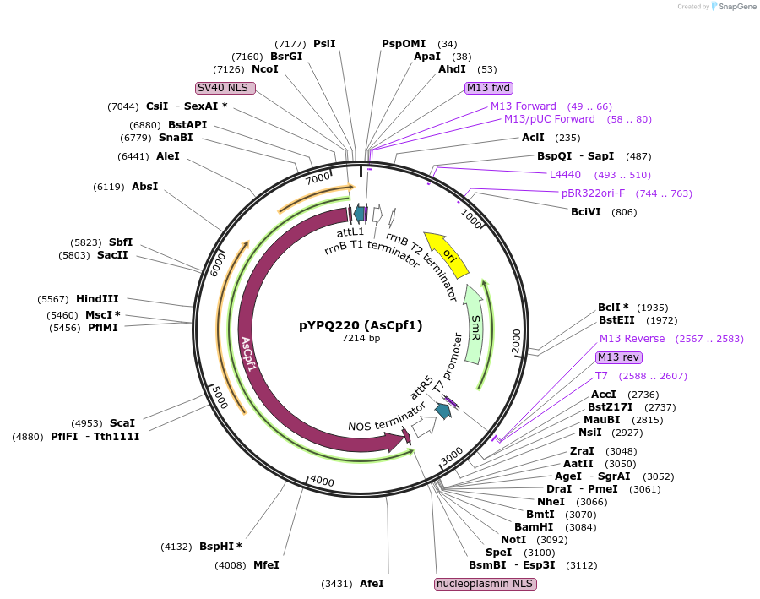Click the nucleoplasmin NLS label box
pos(486,584)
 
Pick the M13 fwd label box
pos(489,87)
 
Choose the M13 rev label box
pos(619,357)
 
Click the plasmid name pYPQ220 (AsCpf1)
pos(361,324)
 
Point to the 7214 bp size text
pos(361,338)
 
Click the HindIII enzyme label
pos(97,298)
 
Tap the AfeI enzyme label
pos(372,584)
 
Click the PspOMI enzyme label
pos(404,43)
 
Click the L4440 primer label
pos(565,175)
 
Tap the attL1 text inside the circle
pos(350,231)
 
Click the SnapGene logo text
pos(736,7)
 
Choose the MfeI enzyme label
pos(266,564)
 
